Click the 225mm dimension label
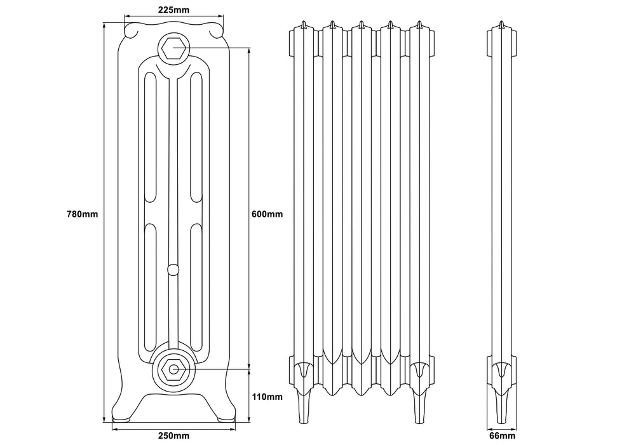(172, 10)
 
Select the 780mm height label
(82, 214)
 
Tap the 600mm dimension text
(267, 214)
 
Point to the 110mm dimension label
(267, 397)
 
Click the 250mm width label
(173, 435)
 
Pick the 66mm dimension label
(502, 435)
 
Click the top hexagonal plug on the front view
(173, 47)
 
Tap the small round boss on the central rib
(172, 270)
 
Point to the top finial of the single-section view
(502, 25)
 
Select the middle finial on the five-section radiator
(361, 25)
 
